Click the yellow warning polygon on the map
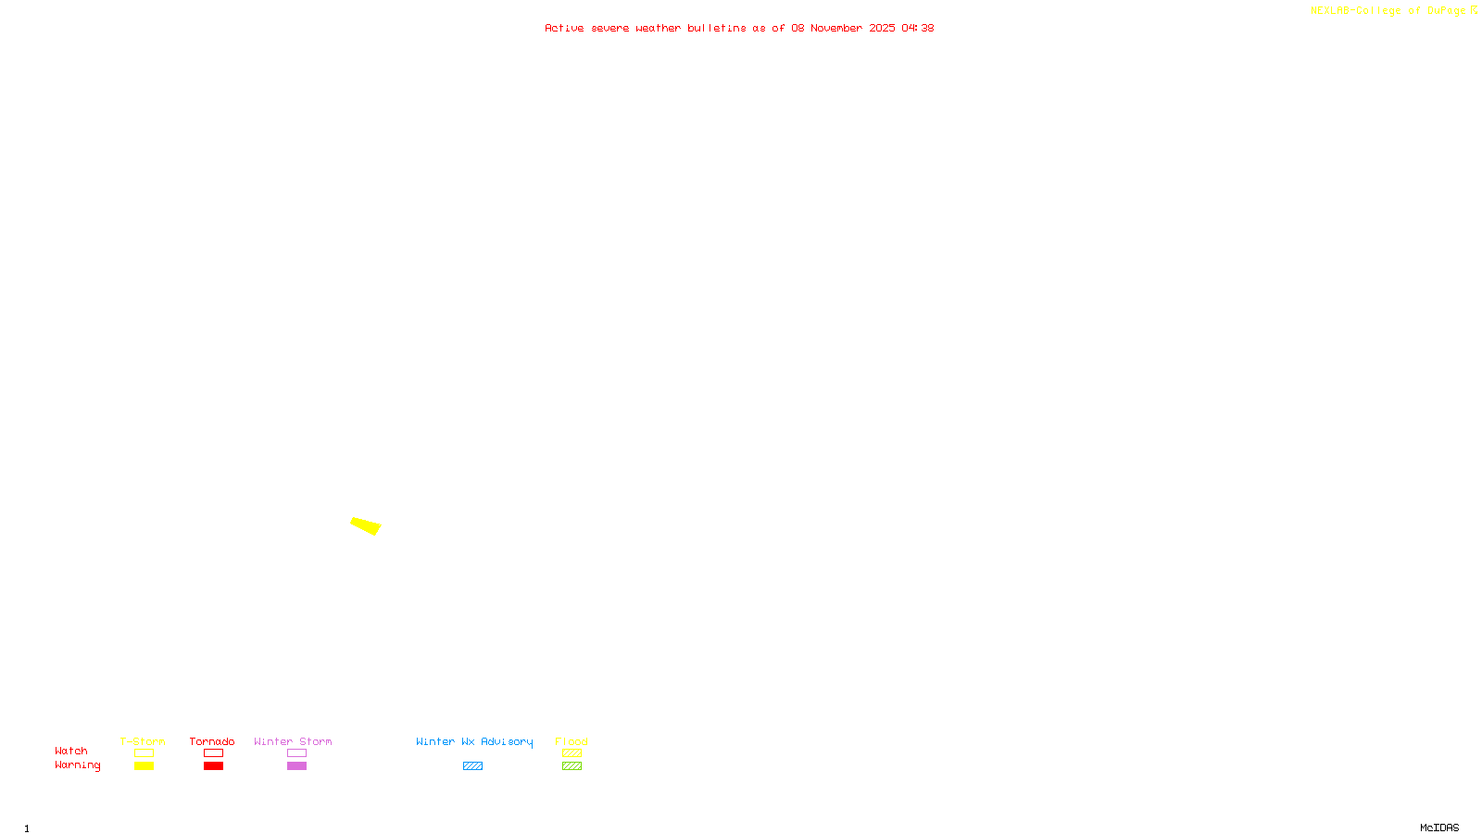pos(366,525)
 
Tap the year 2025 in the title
pos(882,28)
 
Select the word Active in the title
pos(564,28)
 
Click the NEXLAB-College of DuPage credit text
pos(1388,10)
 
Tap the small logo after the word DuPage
pos(1474,10)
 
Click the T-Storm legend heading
pos(143,741)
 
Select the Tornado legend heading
pos(212,741)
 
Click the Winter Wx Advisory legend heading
pos(474,741)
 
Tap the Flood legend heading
pos(571,741)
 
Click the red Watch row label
pos(71,751)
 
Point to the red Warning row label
pos(78,765)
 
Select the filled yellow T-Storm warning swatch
pos(144,766)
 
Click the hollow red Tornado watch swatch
pos(213,753)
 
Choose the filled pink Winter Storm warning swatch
pos(296,766)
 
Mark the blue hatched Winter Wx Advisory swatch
pos(472,766)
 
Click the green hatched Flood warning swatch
pos(571,766)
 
